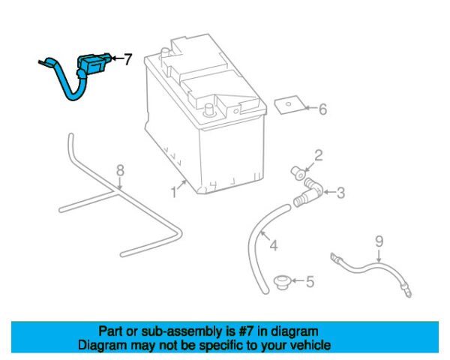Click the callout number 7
127,58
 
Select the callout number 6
322,110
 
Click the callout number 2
318,156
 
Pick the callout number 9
379,241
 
